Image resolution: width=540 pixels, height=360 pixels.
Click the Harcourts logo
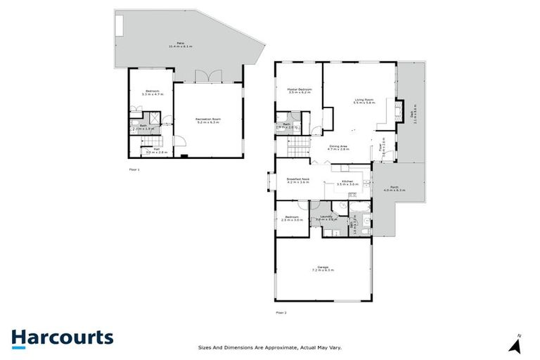62,337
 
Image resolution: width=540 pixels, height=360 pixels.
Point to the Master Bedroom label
299,91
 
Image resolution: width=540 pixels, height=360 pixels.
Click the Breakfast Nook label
298,181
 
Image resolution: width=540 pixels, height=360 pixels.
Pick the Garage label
323,269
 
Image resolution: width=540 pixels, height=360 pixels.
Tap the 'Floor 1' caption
134,170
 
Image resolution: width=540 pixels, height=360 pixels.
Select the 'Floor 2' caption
281,312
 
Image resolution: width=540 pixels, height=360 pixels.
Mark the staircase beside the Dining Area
299,146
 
